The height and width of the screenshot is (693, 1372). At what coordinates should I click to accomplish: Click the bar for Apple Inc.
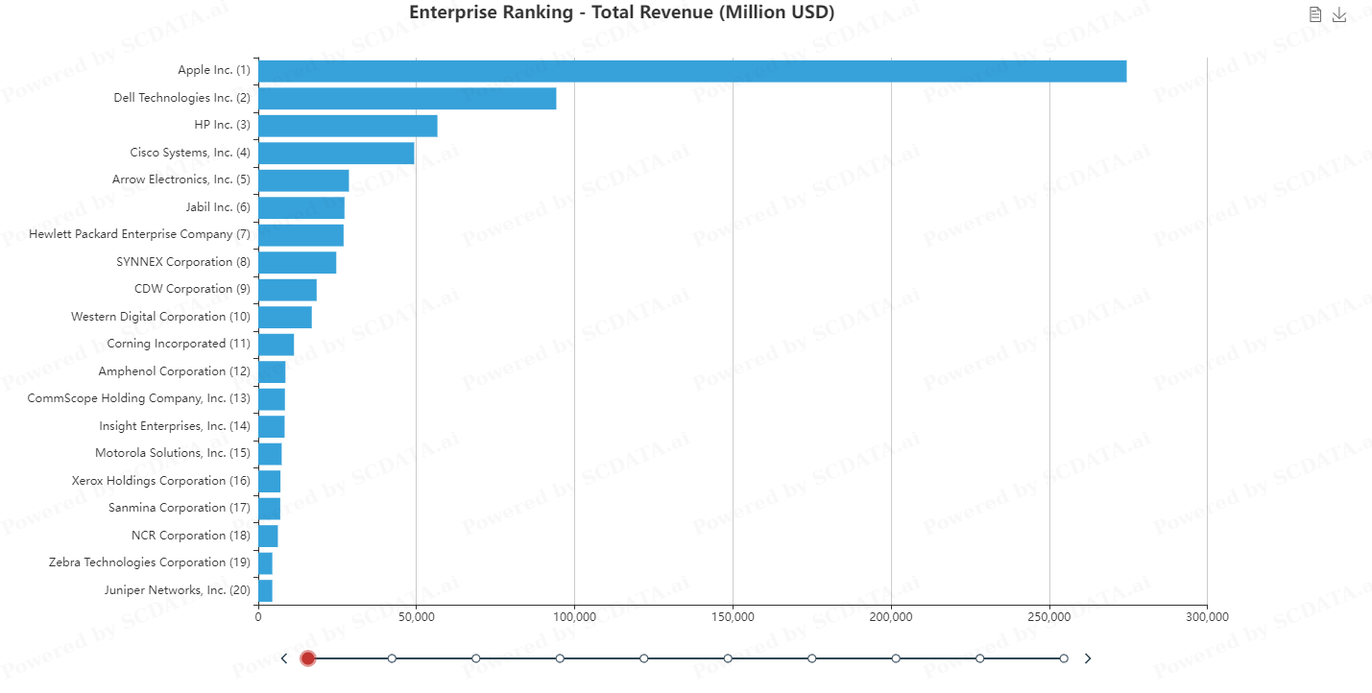[691, 71]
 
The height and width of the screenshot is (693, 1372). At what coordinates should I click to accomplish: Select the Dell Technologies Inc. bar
[407, 98]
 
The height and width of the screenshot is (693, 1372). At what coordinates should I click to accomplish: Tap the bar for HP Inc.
[348, 126]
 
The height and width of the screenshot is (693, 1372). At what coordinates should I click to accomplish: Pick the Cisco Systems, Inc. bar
[336, 153]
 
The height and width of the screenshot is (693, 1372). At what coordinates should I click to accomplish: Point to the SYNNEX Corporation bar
[297, 262]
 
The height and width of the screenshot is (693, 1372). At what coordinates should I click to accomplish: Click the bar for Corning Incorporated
[276, 344]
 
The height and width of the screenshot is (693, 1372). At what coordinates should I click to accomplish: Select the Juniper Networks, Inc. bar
[265, 590]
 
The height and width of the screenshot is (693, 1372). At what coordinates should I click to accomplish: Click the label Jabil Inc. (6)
[218, 207]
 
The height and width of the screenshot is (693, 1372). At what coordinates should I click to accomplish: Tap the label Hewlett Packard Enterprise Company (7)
[139, 234]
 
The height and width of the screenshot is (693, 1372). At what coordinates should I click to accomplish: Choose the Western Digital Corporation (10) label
[160, 317]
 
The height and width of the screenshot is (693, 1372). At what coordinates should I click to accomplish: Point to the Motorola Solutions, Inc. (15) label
[173, 453]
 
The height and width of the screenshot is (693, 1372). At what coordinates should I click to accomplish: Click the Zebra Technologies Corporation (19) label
[150, 562]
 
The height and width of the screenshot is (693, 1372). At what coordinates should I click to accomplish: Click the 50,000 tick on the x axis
[416, 616]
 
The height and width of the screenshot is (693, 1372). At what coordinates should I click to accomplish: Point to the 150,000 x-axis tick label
[733, 616]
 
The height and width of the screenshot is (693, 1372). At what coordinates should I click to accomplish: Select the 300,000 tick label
[1207, 616]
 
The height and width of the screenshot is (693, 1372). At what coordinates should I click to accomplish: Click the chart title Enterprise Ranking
[621, 12]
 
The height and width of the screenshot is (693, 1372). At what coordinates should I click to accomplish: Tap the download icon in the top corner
[1339, 14]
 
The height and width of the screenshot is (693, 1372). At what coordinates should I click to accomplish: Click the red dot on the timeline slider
[308, 658]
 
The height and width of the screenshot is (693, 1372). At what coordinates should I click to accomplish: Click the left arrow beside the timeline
[284, 658]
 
